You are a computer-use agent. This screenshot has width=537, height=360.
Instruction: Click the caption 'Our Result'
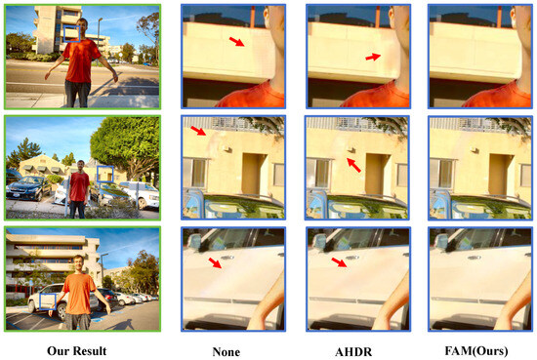pos(77,351)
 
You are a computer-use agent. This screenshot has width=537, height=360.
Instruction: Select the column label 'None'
pos(227,352)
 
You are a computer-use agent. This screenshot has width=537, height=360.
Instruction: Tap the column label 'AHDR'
pos(353,352)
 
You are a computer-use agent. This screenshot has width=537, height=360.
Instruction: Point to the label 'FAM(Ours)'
pos(476,351)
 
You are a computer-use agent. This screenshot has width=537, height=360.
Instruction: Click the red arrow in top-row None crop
pos(236,42)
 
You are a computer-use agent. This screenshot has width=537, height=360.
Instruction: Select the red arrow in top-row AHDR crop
pos(373,57)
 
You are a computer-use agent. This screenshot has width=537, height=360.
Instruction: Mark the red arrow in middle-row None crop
pos(198,131)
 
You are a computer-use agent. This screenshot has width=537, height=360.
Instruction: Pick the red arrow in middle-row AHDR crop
pos(353,165)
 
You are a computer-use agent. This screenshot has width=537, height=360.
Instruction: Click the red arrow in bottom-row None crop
pos(215,263)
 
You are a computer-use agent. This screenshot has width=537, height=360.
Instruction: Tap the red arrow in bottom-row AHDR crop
pos(339,262)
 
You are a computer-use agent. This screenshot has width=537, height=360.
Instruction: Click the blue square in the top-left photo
pos(72,34)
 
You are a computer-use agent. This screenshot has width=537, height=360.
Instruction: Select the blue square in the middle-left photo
pos(105,175)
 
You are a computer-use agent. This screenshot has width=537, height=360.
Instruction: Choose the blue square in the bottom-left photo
pos(48,301)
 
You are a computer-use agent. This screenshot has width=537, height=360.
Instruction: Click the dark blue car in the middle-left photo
pos(28,188)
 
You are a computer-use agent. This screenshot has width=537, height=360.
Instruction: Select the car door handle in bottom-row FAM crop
pos(473,258)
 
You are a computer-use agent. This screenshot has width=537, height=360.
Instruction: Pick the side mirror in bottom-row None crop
pos(195,241)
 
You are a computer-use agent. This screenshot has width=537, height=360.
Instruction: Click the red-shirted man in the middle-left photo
pos(79,189)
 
